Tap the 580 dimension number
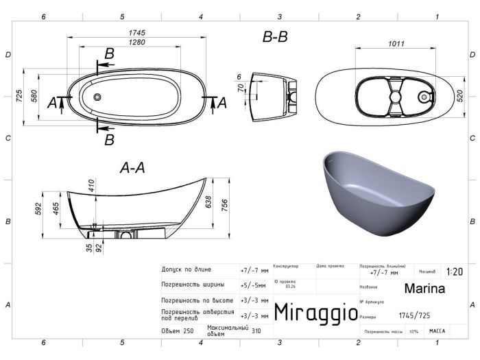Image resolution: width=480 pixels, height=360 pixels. [x=34, y=97]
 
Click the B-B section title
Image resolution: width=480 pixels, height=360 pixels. [x=275, y=38]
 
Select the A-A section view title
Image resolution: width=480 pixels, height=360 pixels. [x=132, y=167]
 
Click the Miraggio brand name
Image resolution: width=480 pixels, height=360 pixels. [x=315, y=313]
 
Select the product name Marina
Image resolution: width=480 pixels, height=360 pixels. [x=424, y=289]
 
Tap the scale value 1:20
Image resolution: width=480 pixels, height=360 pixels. [x=454, y=272]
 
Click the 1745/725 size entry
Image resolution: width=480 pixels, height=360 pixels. [x=415, y=316]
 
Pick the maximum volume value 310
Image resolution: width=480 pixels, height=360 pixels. [x=256, y=331]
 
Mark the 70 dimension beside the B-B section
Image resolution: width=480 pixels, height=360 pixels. [x=240, y=88]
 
